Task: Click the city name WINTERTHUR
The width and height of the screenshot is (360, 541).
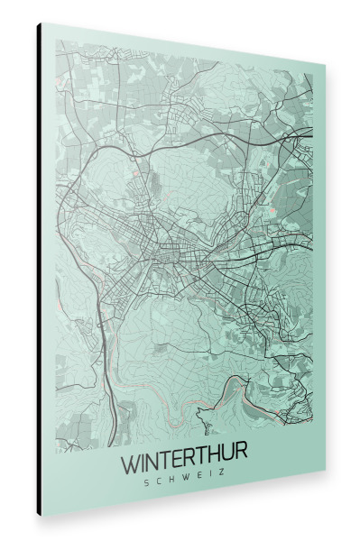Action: [184, 465]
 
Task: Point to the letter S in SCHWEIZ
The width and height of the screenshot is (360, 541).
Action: [146, 482]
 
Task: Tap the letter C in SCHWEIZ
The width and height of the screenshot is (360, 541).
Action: [159, 482]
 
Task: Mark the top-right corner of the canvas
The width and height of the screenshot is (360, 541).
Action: [324, 67]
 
